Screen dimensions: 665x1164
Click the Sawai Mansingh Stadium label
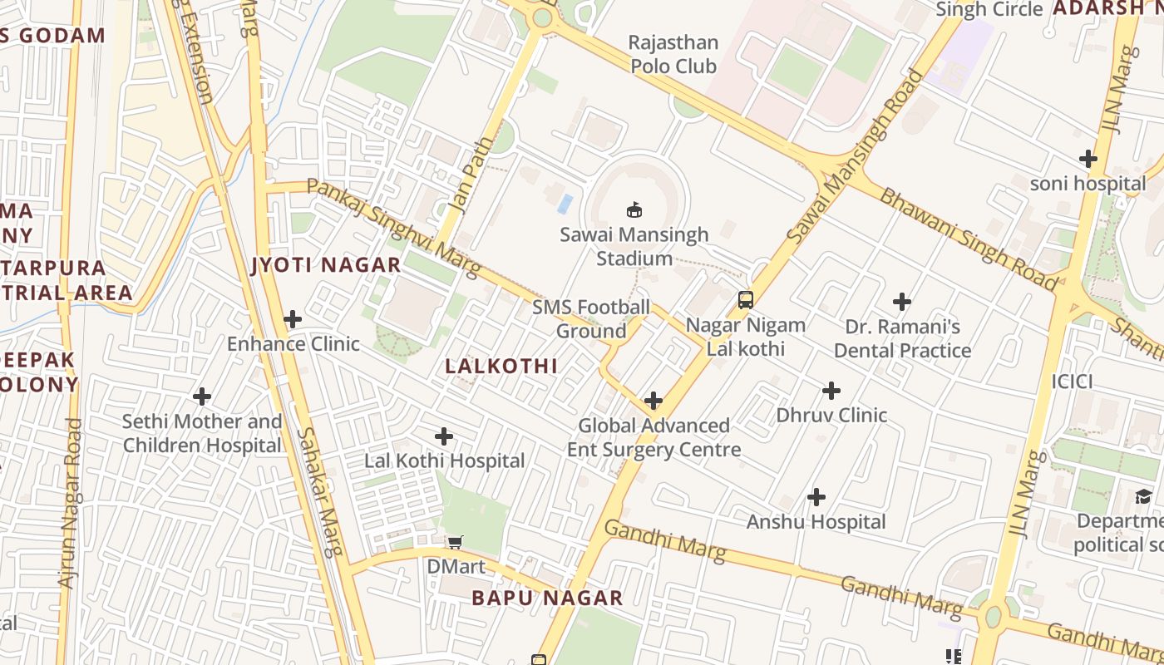(x=634, y=246)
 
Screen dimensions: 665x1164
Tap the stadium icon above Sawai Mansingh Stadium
(x=634, y=209)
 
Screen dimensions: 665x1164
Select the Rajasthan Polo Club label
(x=673, y=54)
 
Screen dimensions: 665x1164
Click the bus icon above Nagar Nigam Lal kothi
(x=746, y=300)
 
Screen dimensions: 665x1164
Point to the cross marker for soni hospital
(x=1088, y=159)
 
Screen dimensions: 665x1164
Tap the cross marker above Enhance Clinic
(x=293, y=319)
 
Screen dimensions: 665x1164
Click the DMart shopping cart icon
(x=455, y=543)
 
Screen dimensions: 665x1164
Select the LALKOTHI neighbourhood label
(x=501, y=366)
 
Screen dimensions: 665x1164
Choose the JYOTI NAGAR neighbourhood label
(x=326, y=265)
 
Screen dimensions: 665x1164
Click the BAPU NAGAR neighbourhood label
(x=547, y=598)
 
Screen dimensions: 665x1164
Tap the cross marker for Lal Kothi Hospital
(x=444, y=436)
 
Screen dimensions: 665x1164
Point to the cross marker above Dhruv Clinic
(x=831, y=391)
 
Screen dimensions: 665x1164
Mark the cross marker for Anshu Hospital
(x=816, y=498)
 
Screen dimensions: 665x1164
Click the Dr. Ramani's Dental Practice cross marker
(x=902, y=302)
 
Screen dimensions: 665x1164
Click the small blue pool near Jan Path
(x=565, y=203)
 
